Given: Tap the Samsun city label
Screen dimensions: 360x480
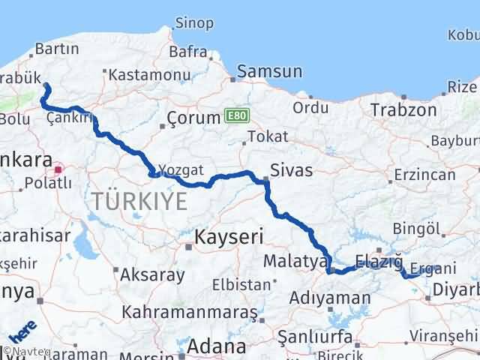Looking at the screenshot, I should tap(269, 72).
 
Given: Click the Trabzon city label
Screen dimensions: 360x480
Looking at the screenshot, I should tap(403, 109).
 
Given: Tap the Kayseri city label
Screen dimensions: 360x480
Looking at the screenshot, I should tap(229, 238).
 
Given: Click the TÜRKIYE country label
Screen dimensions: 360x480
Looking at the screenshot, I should tap(139, 201).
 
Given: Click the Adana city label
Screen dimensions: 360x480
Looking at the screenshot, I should tap(216, 346).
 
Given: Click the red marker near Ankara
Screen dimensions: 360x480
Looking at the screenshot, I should tap(58, 169).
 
